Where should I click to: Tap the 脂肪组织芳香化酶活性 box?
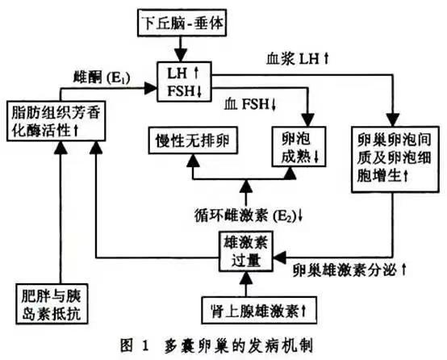coord(56,117)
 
